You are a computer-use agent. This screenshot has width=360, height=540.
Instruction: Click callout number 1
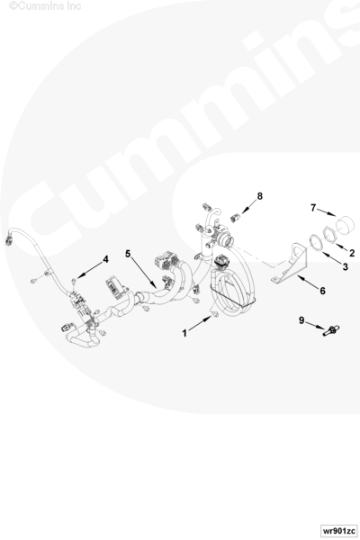tap(184, 333)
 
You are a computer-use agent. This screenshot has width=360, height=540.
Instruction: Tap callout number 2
tap(351, 253)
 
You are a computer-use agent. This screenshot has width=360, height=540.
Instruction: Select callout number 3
tap(346, 266)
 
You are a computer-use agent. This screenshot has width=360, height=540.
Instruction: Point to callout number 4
tap(106, 259)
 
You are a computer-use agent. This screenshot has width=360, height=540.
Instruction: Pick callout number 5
tap(128, 254)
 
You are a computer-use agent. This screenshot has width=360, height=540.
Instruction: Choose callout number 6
tap(322, 291)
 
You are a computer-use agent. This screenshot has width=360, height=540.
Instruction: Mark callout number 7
tap(313, 208)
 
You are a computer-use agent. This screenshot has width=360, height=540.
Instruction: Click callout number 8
tap(260, 196)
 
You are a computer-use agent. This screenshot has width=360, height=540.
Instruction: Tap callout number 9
tap(301, 320)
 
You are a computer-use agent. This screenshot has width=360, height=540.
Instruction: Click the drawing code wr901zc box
tap(338, 530)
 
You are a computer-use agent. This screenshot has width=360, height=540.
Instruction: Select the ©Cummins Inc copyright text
tap(45, 6)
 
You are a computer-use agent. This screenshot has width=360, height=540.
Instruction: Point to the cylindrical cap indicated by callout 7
tap(345, 225)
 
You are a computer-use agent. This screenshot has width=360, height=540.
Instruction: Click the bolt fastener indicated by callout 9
tap(330, 330)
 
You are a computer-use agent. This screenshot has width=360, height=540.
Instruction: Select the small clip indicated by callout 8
tap(235, 218)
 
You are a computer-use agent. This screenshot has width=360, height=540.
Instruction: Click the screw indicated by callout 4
tap(74, 282)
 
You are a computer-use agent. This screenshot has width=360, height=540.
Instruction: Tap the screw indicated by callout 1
tap(214, 314)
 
